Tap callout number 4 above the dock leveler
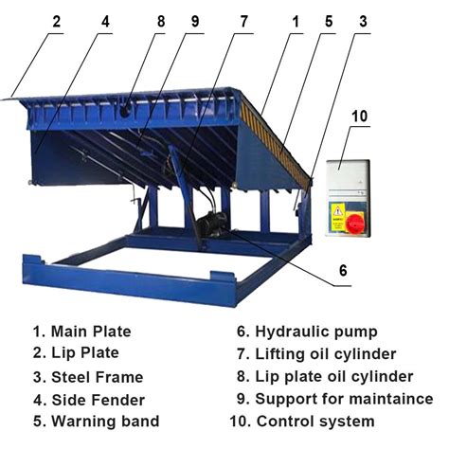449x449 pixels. (x=105, y=21)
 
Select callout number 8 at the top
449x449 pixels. (x=161, y=21)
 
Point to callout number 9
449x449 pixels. (x=195, y=21)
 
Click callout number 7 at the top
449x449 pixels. (x=244, y=21)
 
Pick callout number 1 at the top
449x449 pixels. (x=296, y=21)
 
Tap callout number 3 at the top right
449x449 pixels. (x=363, y=21)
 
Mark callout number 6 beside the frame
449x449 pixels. (x=343, y=268)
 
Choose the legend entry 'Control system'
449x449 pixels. (x=316, y=421)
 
